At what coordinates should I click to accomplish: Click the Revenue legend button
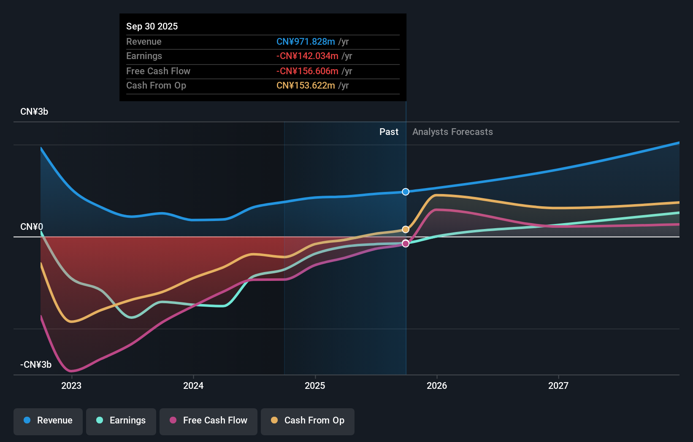click(x=48, y=420)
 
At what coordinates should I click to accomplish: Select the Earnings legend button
click(x=121, y=420)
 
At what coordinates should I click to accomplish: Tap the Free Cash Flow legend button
click(x=208, y=420)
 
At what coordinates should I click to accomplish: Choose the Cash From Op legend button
click(x=308, y=420)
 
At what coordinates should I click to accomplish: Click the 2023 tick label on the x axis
click(x=71, y=385)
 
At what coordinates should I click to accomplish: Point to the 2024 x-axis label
click(x=193, y=385)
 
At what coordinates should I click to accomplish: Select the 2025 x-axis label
click(x=315, y=385)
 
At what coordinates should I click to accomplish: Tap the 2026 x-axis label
click(x=437, y=385)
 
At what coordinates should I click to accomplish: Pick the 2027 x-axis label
click(x=558, y=385)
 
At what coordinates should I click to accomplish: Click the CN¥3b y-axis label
click(x=34, y=112)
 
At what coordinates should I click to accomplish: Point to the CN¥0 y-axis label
click(x=32, y=227)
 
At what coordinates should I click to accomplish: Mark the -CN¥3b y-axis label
click(x=36, y=365)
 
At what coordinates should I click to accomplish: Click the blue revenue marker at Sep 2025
click(x=406, y=192)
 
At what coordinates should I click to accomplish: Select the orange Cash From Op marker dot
click(x=406, y=229)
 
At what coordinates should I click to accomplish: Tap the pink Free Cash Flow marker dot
click(x=406, y=243)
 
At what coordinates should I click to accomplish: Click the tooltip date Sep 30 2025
click(x=152, y=26)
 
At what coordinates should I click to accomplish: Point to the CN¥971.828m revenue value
click(x=306, y=41)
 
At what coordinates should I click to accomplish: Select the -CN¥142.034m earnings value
click(x=307, y=56)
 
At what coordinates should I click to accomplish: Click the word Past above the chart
click(x=389, y=132)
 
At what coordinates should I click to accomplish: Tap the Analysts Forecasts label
click(x=452, y=132)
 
